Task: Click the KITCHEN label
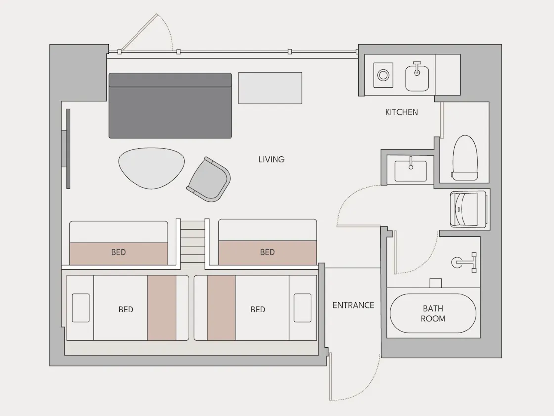pos(402,112)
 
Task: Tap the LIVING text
pos(272,159)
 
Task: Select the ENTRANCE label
pos(353,305)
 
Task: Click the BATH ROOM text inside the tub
pos(433,313)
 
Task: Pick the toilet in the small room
pos(465,158)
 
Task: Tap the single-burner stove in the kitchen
pos(383,75)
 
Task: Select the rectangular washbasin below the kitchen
pos(411,171)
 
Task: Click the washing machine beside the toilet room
pos(468,209)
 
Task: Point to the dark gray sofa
pos(170,105)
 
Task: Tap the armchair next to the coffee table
pos(208,179)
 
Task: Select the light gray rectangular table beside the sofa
pos(270,88)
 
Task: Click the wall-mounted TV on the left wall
pos(66,149)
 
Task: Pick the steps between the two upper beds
pos(192,242)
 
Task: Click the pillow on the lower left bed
pos(81,308)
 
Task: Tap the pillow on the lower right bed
pos(302,308)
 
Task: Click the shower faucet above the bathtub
pos(464,262)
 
